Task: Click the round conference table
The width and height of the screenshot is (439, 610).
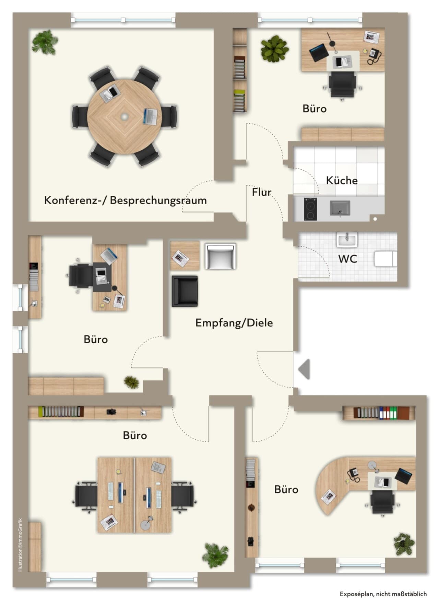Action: [x=124, y=117]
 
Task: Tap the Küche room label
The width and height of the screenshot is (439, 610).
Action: [x=342, y=180]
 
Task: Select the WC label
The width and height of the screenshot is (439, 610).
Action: [x=348, y=259]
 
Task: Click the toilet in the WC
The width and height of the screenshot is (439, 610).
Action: [x=386, y=259]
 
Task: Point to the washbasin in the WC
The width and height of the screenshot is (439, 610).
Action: [x=347, y=240]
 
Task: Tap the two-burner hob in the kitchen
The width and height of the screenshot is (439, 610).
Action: [x=310, y=209]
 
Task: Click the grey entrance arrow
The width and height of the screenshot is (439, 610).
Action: [x=304, y=369]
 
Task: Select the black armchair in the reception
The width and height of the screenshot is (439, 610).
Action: [x=185, y=291]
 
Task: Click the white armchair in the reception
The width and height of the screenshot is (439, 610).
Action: [x=220, y=256]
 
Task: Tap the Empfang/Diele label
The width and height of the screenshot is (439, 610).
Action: [x=234, y=323]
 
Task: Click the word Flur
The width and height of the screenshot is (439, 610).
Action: [x=262, y=192]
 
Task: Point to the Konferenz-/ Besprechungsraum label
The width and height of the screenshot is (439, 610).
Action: [x=126, y=200]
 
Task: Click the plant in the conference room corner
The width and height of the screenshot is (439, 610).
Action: [x=45, y=42]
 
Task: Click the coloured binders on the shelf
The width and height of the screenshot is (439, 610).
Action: [x=388, y=413]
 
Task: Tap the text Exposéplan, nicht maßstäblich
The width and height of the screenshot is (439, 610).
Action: [x=383, y=594]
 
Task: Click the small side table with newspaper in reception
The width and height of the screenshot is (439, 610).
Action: [x=185, y=256]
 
